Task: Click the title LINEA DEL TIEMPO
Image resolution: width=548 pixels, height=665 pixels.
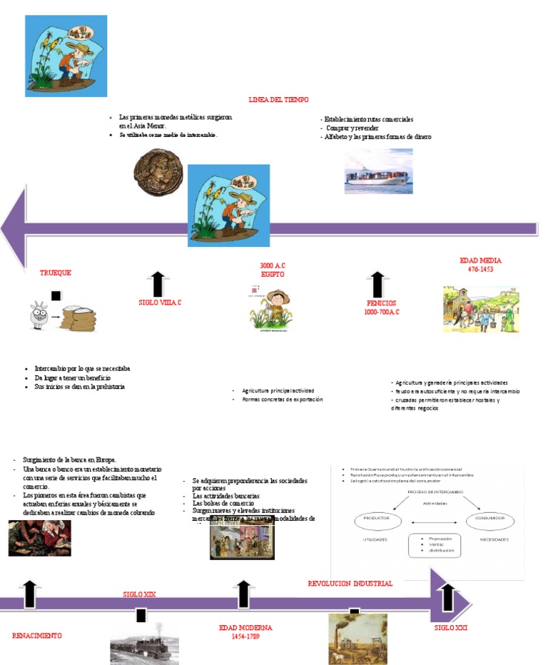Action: tap(278, 100)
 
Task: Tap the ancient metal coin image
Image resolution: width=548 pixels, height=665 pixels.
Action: tap(158, 172)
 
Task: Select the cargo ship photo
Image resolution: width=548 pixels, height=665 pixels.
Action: tap(378, 172)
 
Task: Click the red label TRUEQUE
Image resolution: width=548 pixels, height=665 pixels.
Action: tap(56, 273)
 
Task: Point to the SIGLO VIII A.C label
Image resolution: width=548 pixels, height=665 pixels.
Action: tap(160, 303)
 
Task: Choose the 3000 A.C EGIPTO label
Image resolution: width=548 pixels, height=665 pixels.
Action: tap(273, 270)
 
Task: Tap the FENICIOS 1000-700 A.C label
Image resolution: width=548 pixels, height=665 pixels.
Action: tap(382, 308)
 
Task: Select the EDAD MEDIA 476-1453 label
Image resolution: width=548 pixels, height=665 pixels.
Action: tap(481, 265)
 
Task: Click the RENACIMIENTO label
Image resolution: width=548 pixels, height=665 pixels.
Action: tap(37, 635)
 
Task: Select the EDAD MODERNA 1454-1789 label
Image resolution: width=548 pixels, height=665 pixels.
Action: tap(245, 631)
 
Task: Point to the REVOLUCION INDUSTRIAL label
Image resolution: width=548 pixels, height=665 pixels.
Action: tap(350, 584)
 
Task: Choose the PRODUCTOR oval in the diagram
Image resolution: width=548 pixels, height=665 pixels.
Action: tap(376, 519)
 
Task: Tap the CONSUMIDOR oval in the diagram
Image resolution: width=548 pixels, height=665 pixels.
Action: tap(490, 519)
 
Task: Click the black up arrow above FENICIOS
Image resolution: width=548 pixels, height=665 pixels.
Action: tap(378, 284)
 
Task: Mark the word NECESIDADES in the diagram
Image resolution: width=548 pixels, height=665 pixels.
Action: tap(494, 540)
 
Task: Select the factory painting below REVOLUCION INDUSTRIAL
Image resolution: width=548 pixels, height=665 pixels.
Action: tap(357, 638)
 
